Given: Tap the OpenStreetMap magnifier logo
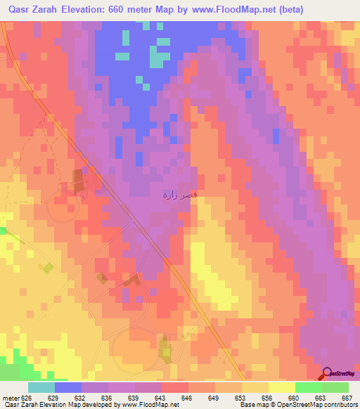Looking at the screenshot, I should pyautogui.click(x=328, y=372).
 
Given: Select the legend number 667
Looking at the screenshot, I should pyautogui.click(x=346, y=398).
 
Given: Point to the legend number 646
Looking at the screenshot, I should pyautogui.click(x=186, y=398).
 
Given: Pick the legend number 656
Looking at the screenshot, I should pyautogui.click(x=266, y=398).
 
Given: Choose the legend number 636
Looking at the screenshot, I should pyautogui.click(x=107, y=398).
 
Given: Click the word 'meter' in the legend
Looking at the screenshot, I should pyautogui.click(x=10, y=398).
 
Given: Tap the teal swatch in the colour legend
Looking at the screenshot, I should pyautogui.click(x=41, y=387).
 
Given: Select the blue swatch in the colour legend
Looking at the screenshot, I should pyautogui.click(x=68, y=387).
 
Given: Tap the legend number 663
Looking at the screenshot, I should pyautogui.click(x=319, y=398).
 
